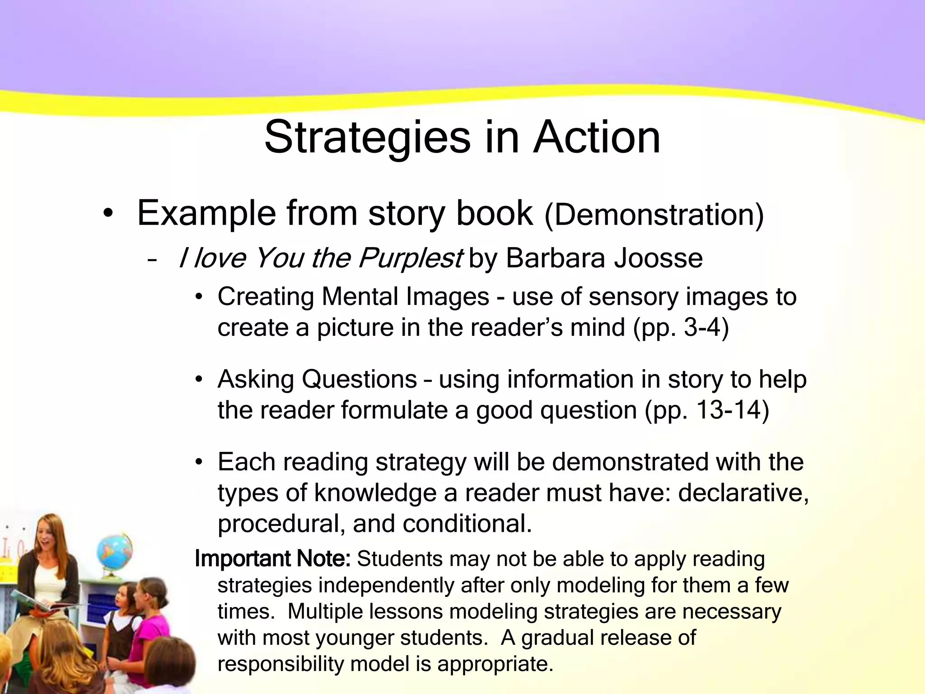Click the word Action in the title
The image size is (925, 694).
(597, 137)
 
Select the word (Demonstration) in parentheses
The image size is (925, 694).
(654, 215)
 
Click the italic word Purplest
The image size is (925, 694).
(410, 258)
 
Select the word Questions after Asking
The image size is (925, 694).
(359, 380)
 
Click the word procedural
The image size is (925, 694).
(281, 524)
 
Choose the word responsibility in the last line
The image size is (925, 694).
(281, 664)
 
